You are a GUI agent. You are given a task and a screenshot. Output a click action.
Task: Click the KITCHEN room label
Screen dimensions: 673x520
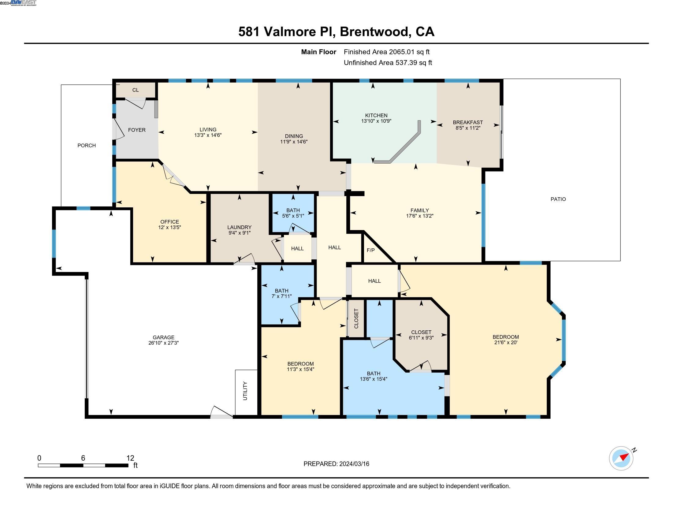(376, 116)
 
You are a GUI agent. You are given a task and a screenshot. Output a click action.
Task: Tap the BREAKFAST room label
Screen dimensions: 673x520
(468, 122)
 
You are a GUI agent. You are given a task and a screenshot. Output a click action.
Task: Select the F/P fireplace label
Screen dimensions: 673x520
(371, 250)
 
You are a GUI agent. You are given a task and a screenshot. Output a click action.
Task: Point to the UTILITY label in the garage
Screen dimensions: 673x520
(245, 391)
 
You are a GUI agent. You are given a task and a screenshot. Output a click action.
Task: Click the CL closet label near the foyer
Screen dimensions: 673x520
(136, 90)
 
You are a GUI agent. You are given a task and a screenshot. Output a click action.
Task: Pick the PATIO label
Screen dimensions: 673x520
(558, 199)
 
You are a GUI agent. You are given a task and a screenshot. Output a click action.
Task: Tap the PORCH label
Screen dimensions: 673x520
(87, 145)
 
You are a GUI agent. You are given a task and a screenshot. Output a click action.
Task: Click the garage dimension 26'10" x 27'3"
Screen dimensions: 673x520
(164, 343)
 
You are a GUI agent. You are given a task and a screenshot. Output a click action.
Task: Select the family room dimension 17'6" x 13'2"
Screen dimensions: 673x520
(420, 216)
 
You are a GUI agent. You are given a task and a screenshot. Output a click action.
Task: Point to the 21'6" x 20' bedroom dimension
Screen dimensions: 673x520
(506, 342)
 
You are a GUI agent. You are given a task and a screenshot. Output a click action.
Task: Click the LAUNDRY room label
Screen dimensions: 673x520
(240, 227)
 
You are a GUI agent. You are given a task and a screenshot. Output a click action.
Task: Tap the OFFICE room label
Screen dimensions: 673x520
(169, 222)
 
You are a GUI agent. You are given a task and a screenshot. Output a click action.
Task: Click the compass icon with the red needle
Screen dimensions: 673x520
(621, 459)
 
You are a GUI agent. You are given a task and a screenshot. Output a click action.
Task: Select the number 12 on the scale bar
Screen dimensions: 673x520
(130, 458)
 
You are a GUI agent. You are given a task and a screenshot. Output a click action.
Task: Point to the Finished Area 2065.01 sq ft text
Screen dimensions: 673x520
(387, 52)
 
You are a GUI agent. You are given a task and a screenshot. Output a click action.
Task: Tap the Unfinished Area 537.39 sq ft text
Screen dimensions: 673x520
(388, 63)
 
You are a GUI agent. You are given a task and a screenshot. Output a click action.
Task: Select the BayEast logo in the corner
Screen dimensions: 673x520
(24, 3)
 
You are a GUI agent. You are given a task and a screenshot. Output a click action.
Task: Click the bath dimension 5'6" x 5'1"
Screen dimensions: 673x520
(293, 216)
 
